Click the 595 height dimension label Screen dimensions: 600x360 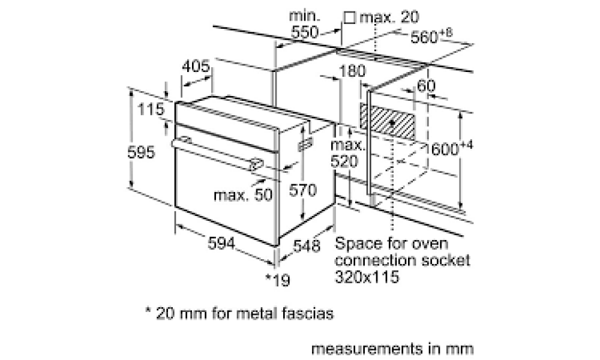pyautogui.click(x=141, y=152)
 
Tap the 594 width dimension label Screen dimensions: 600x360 pyautogui.click(x=221, y=243)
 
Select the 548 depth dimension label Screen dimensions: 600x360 pyautogui.click(x=307, y=246)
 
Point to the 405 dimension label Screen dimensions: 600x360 pyautogui.click(x=196, y=66)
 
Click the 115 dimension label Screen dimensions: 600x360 pyautogui.click(x=151, y=109)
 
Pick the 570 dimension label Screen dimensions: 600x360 pyautogui.click(x=302, y=190)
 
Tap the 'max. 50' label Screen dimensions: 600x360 pyautogui.click(x=244, y=195)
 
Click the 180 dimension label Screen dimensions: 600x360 pyautogui.click(x=352, y=71)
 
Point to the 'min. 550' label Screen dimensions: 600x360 pyautogui.click(x=305, y=24)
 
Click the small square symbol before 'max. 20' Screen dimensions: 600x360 pyautogui.click(x=349, y=17)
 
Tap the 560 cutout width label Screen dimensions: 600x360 pyautogui.click(x=431, y=35)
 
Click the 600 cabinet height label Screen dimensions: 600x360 pyautogui.click(x=452, y=148)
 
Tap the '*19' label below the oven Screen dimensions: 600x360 pyautogui.click(x=278, y=280)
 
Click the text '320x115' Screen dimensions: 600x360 pyautogui.click(x=367, y=277)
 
